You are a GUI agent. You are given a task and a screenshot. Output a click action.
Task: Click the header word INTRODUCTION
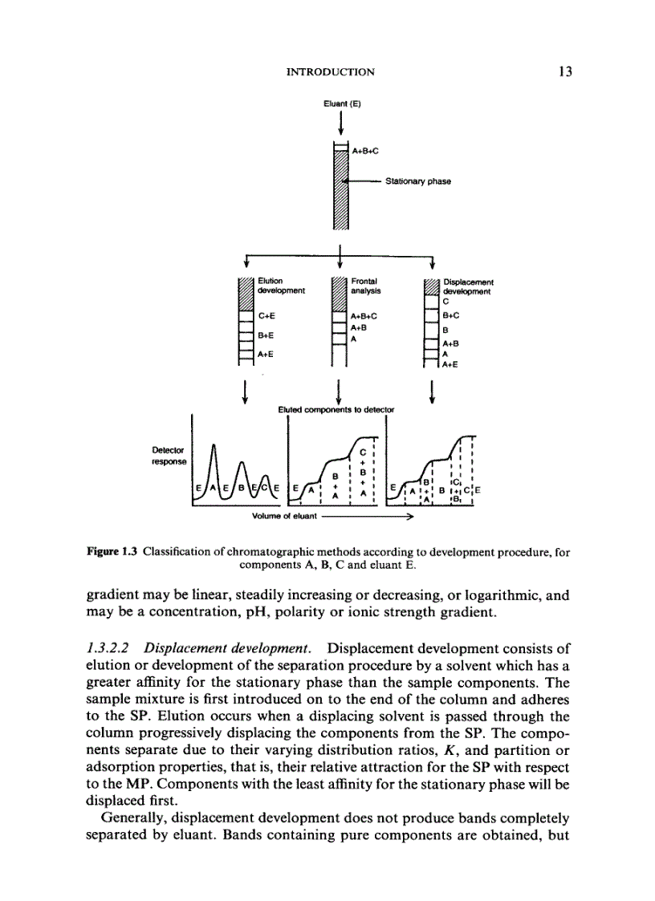click(330, 72)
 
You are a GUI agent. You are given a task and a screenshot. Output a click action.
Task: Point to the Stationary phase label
click(417, 181)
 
